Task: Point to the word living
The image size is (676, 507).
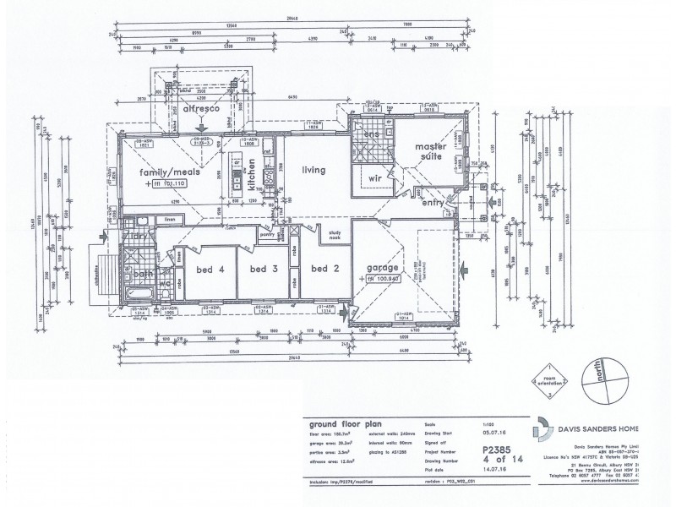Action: click(x=314, y=171)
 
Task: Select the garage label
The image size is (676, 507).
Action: click(x=381, y=268)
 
